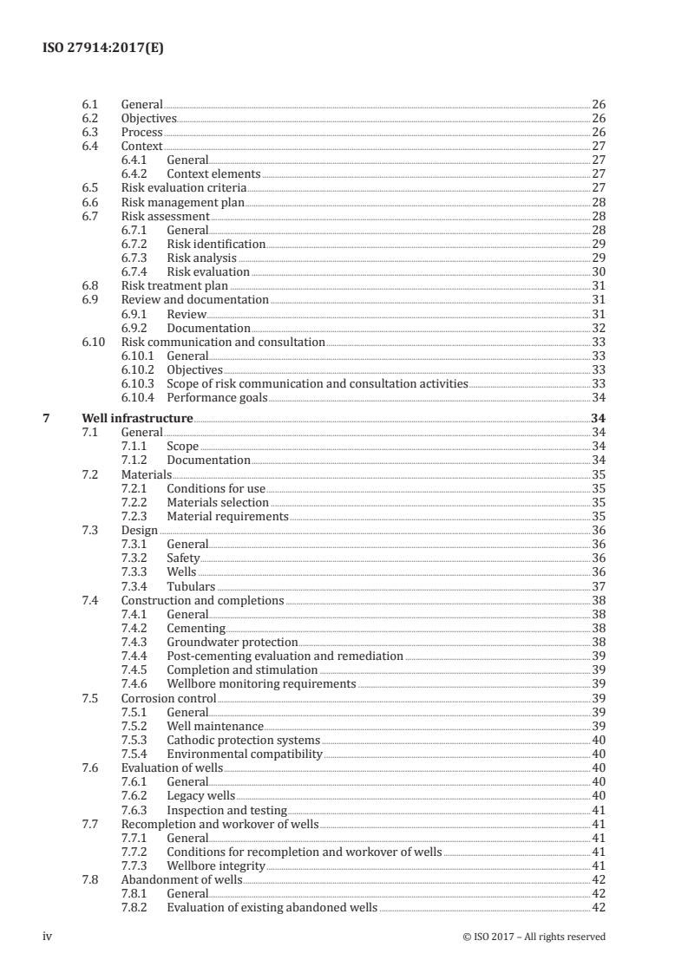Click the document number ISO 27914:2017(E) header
tap(102, 49)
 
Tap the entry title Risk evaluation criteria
tap(183, 187)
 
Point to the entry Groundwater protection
tap(232, 642)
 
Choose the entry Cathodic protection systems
tap(243, 741)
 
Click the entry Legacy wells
tap(200, 794)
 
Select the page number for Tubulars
tap(598, 586)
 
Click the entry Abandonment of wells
tap(181, 878)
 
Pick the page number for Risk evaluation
tap(598, 271)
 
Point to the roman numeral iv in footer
tap(48, 936)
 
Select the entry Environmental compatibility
tap(244, 754)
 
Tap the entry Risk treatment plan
tap(174, 285)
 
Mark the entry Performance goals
tap(217, 398)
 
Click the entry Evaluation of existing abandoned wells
tap(272, 907)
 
